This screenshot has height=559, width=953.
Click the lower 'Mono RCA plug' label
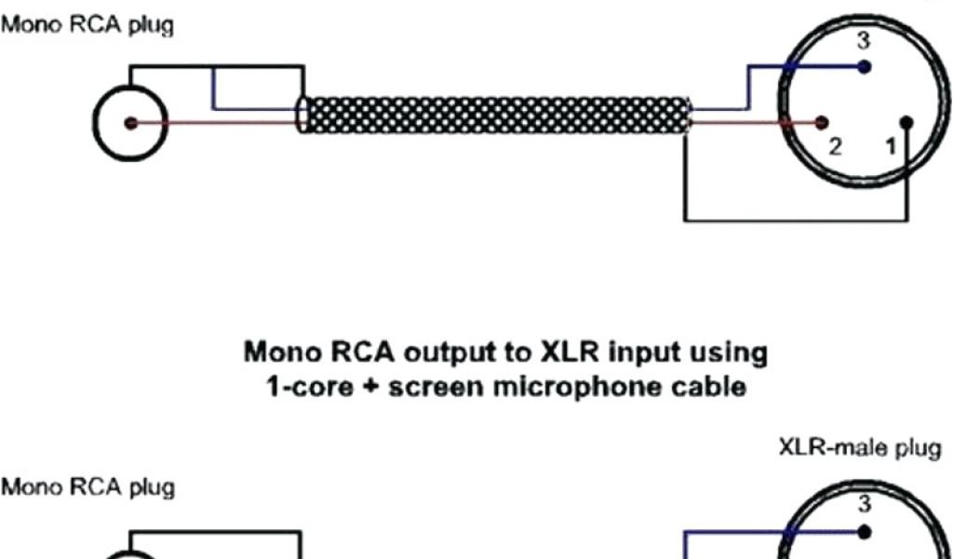tap(88, 487)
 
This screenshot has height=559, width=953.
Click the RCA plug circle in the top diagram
tap(130, 123)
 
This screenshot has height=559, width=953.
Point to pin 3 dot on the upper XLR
tap(866, 67)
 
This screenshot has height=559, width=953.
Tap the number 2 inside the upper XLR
tap(835, 147)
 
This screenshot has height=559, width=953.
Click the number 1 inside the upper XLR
tap(891, 146)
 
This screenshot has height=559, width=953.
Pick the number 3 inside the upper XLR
tap(864, 42)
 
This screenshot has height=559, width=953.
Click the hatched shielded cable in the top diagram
tap(498, 116)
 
